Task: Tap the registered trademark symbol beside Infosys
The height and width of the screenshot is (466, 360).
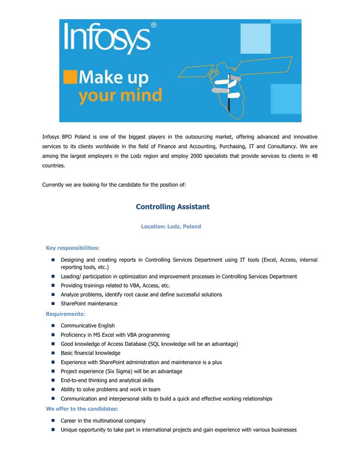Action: pos(153,26)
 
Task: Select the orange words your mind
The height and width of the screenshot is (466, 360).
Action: pos(120,96)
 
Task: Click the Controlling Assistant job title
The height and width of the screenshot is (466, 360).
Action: pos(172,207)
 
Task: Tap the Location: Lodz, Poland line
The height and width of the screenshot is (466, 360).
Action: pos(171,226)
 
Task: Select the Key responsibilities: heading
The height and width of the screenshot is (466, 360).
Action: pos(72,248)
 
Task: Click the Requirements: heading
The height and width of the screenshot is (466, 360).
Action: pos(65,314)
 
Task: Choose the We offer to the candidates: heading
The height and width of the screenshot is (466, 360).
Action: pos(82,409)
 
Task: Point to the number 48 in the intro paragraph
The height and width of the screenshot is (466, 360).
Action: pos(314,156)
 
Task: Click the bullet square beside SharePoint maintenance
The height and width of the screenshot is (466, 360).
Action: pos(53,304)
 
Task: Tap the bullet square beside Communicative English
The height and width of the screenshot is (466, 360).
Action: pos(53,326)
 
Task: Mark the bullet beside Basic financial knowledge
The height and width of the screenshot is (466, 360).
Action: pos(53,353)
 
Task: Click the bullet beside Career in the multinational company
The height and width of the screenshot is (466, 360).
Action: pos(53,421)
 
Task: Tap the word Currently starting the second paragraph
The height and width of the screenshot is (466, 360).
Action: pos(55,185)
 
